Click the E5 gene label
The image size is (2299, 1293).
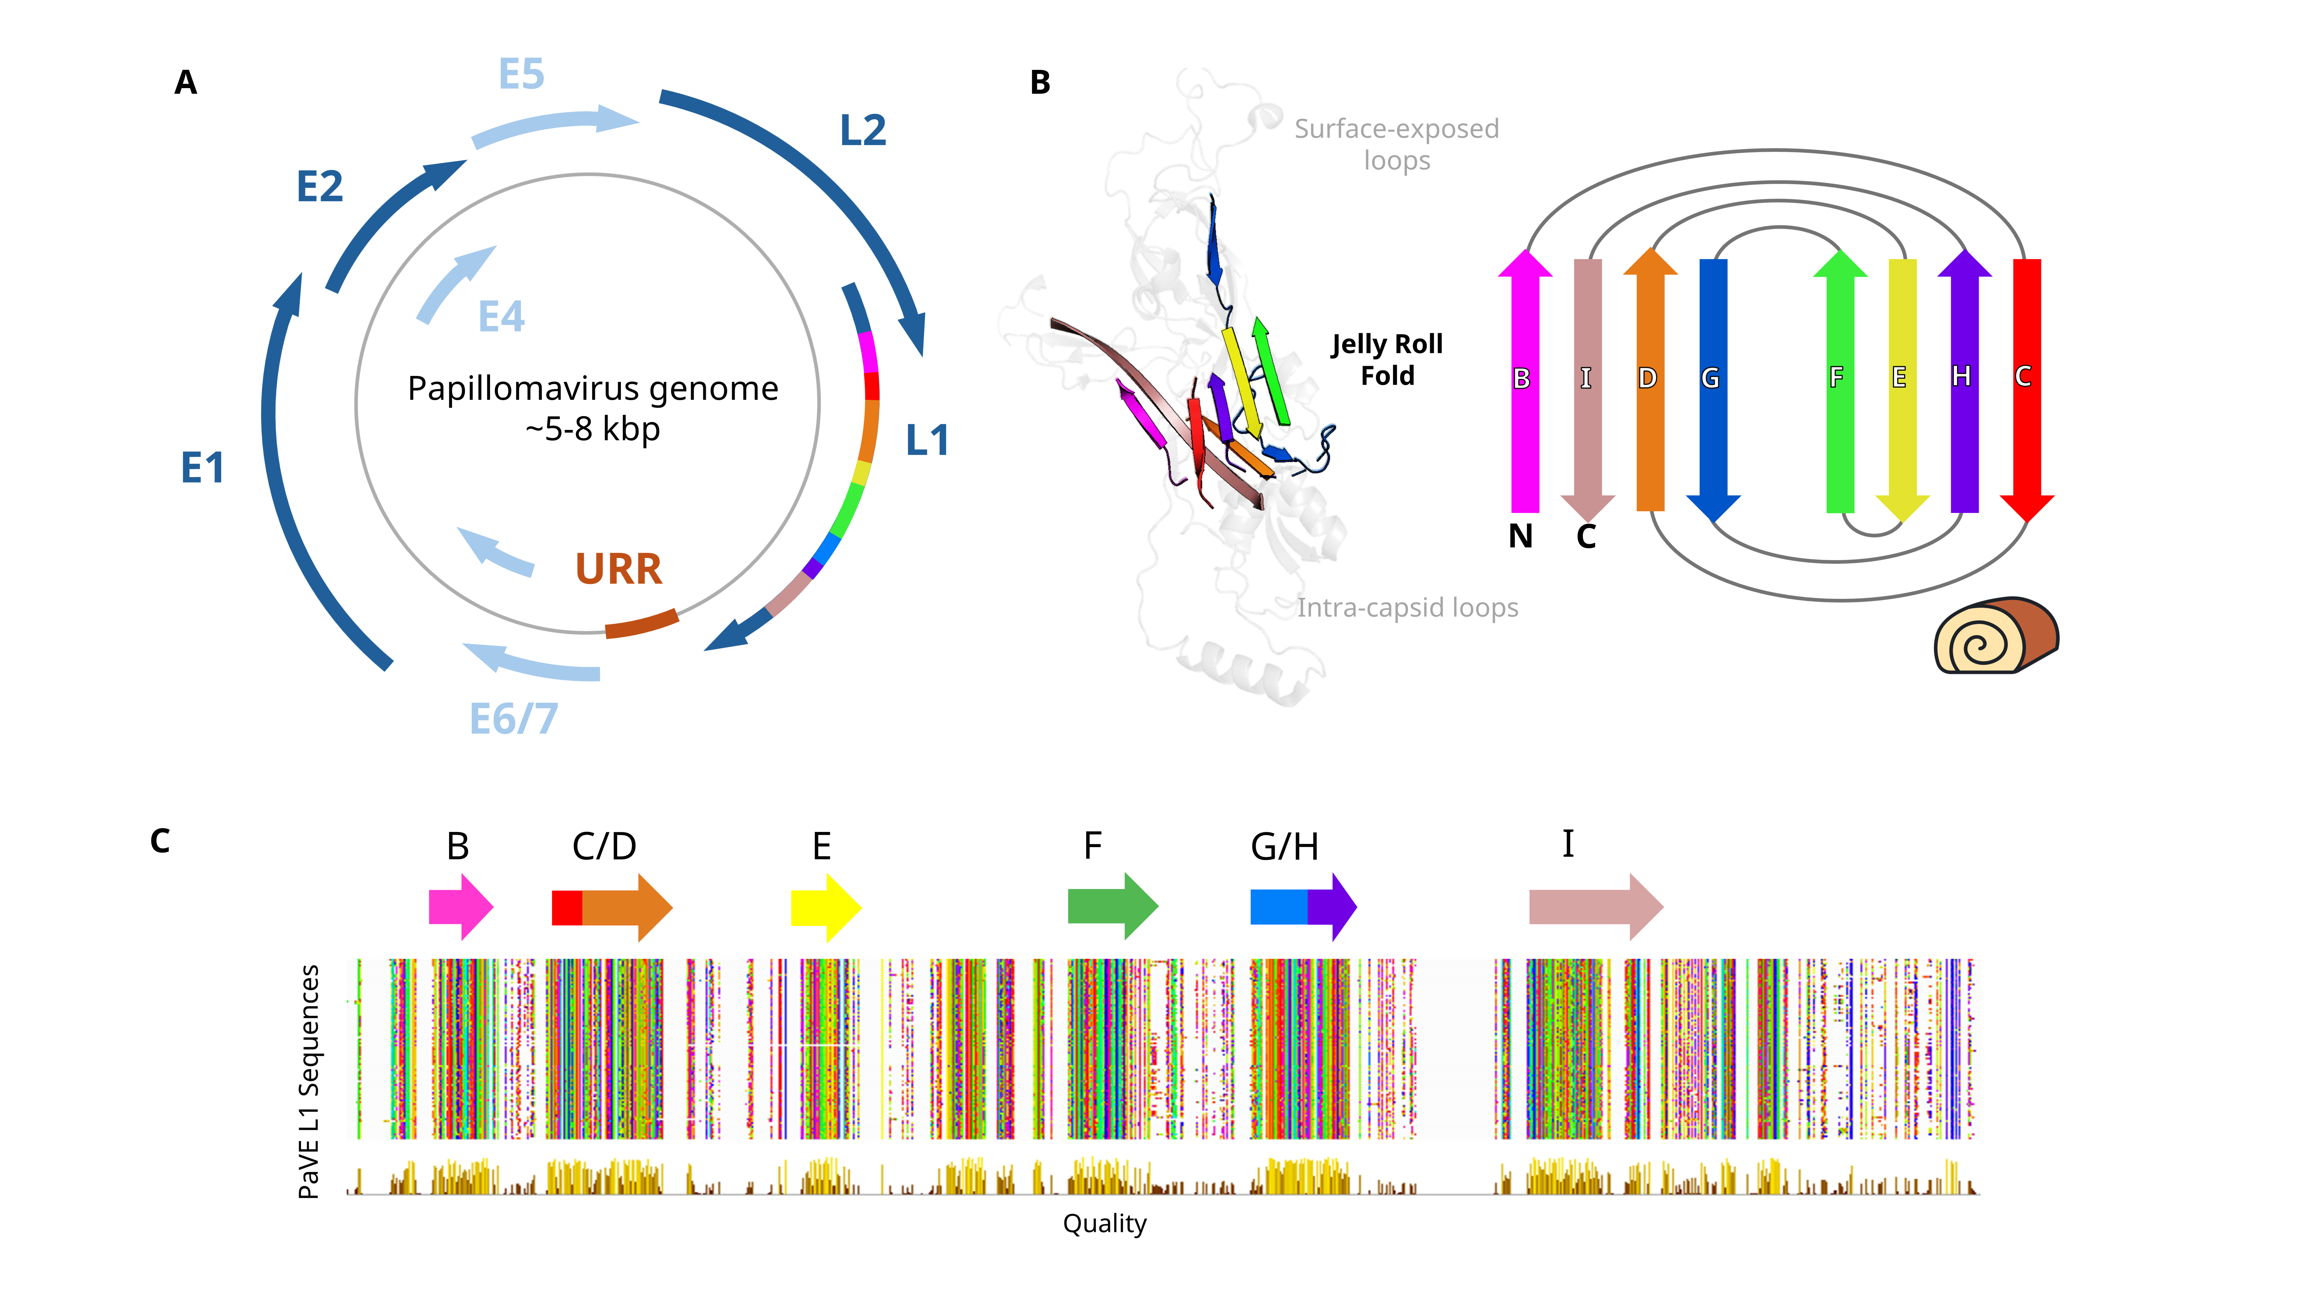(x=521, y=74)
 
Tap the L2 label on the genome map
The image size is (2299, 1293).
(x=863, y=130)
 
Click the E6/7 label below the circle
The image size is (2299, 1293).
(x=514, y=718)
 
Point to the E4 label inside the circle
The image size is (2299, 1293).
(x=502, y=316)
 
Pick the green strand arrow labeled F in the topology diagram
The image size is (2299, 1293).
(x=1840, y=381)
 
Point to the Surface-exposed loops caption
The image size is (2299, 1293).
(x=1397, y=145)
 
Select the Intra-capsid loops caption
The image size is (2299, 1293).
(x=1407, y=608)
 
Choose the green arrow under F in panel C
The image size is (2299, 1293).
(x=1113, y=907)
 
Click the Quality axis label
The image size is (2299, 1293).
(x=1104, y=1223)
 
